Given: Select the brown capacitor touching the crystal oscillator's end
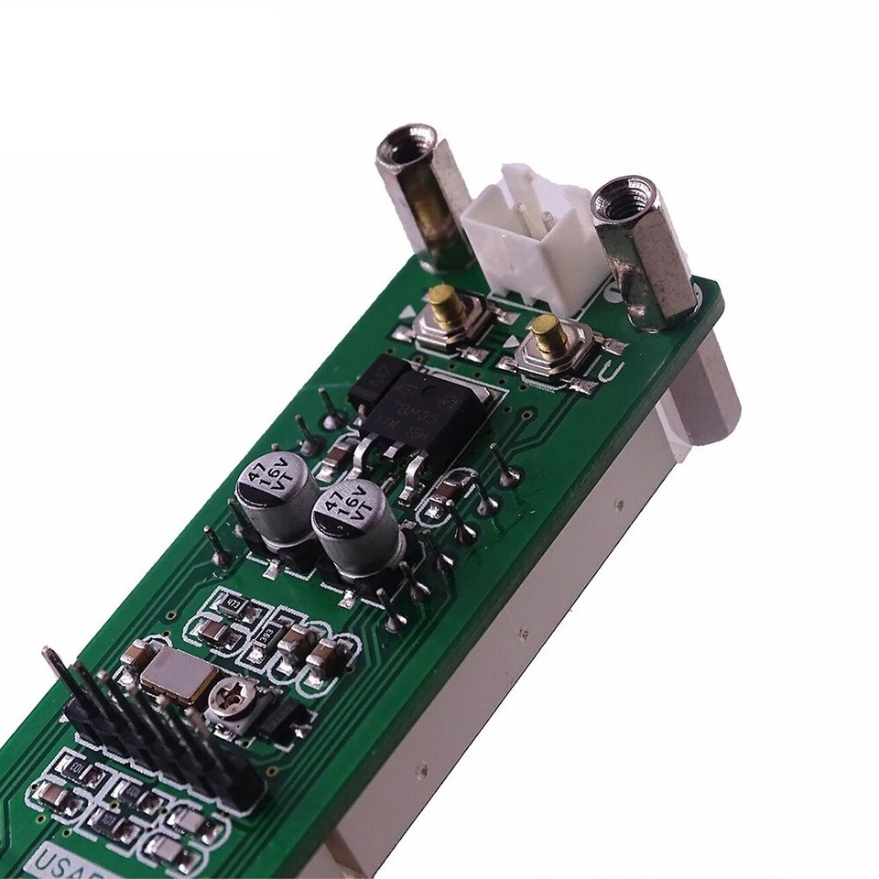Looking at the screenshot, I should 137,654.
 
